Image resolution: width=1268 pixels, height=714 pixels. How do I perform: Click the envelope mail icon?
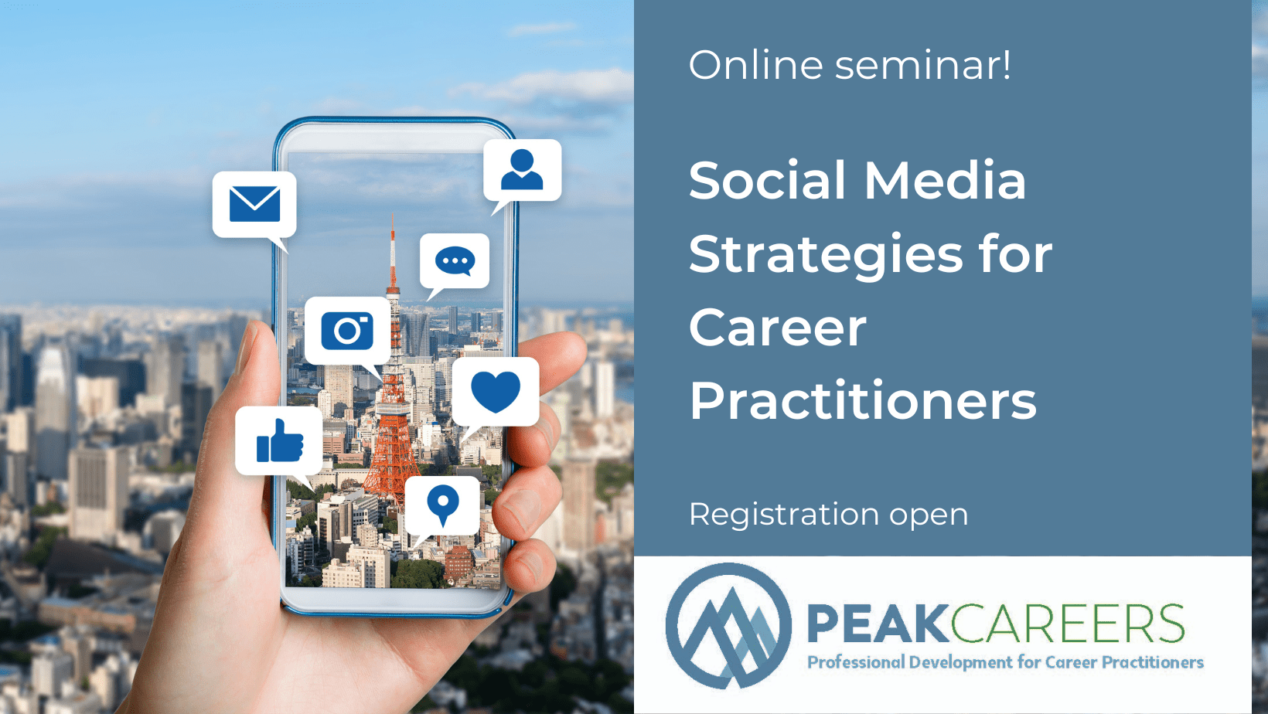(x=254, y=204)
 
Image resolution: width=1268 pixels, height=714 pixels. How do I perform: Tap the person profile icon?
(x=522, y=170)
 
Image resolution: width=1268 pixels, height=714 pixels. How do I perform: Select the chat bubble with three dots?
(x=455, y=261)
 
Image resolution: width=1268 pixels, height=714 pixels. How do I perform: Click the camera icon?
(x=347, y=331)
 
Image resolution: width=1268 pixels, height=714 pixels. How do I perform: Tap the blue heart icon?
(x=496, y=391)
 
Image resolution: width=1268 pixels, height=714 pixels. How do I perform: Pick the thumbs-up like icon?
(x=279, y=441)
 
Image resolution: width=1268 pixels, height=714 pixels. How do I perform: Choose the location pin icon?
(x=442, y=505)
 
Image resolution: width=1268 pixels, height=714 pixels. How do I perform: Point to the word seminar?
(x=923, y=65)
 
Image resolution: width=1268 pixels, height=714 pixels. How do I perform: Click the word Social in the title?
(x=767, y=181)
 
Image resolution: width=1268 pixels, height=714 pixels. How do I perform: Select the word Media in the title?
(x=945, y=181)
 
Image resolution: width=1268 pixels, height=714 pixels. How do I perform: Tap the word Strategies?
(x=825, y=255)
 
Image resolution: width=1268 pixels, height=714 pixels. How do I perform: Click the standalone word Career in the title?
(x=778, y=328)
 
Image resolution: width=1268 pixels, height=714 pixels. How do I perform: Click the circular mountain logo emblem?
(x=728, y=626)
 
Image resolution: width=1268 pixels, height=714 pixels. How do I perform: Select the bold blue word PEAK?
(x=877, y=624)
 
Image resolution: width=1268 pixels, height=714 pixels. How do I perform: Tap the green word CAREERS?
(x=1068, y=624)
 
